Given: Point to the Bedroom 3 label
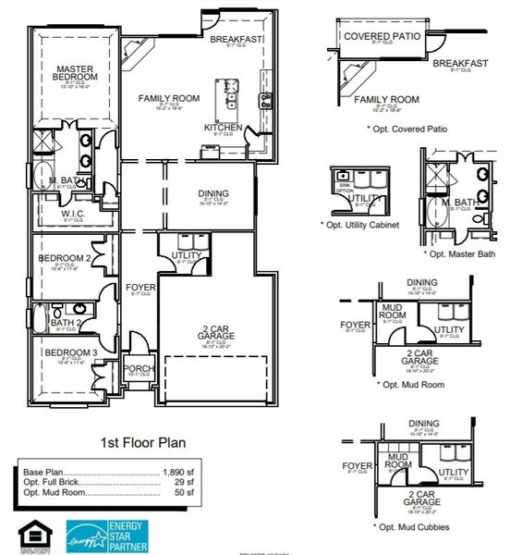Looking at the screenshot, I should [70, 353].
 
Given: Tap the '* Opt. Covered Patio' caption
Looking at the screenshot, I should [407, 129].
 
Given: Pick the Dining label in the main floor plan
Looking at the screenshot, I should [213, 194].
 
